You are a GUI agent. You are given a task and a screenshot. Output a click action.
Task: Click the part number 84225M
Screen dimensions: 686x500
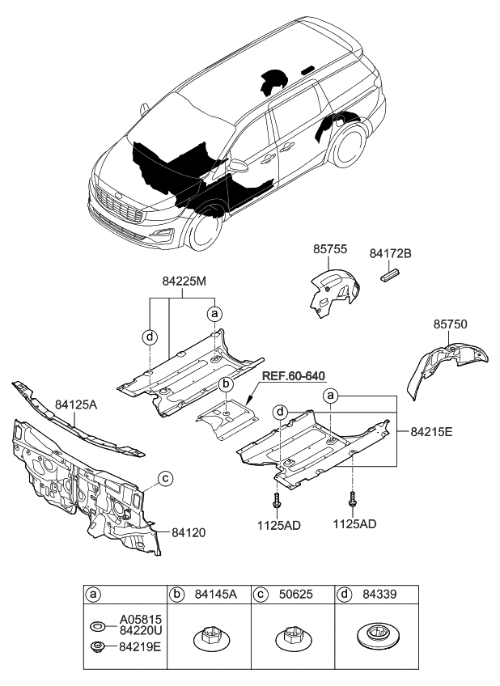[184, 282]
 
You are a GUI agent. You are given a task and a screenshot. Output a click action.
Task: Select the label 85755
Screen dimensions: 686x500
[330, 252]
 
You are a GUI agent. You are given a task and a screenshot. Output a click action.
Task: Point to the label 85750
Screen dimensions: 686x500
[450, 324]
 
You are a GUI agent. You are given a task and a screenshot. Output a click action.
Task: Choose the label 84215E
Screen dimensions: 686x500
[430, 432]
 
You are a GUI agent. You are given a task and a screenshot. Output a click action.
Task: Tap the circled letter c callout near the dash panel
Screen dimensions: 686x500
[164, 478]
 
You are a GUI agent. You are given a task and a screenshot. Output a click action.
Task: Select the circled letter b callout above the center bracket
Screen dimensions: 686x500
[227, 383]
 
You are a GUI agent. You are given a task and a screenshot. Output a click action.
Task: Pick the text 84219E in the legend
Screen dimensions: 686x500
[139, 646]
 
